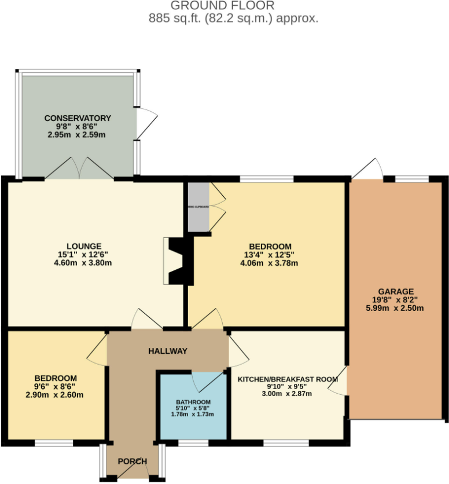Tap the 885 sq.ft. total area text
(x=233, y=19)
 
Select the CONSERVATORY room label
(x=78, y=119)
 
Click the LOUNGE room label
(x=84, y=245)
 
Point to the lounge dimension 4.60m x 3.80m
(x=84, y=262)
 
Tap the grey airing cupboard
(x=197, y=207)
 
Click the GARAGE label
(x=396, y=291)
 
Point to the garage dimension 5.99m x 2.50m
(x=396, y=308)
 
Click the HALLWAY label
(x=168, y=351)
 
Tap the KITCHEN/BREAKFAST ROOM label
(x=288, y=380)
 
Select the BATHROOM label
(x=193, y=402)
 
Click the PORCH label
(x=133, y=461)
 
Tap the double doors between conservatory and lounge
(x=79, y=168)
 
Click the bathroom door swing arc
(x=208, y=381)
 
